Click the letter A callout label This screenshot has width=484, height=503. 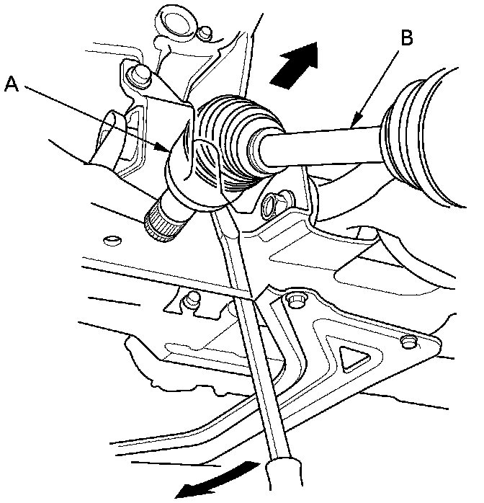tap(12, 85)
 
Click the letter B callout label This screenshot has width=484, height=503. tap(406, 38)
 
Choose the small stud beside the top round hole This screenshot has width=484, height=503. tap(206, 32)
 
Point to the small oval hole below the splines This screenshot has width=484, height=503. tap(111, 239)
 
